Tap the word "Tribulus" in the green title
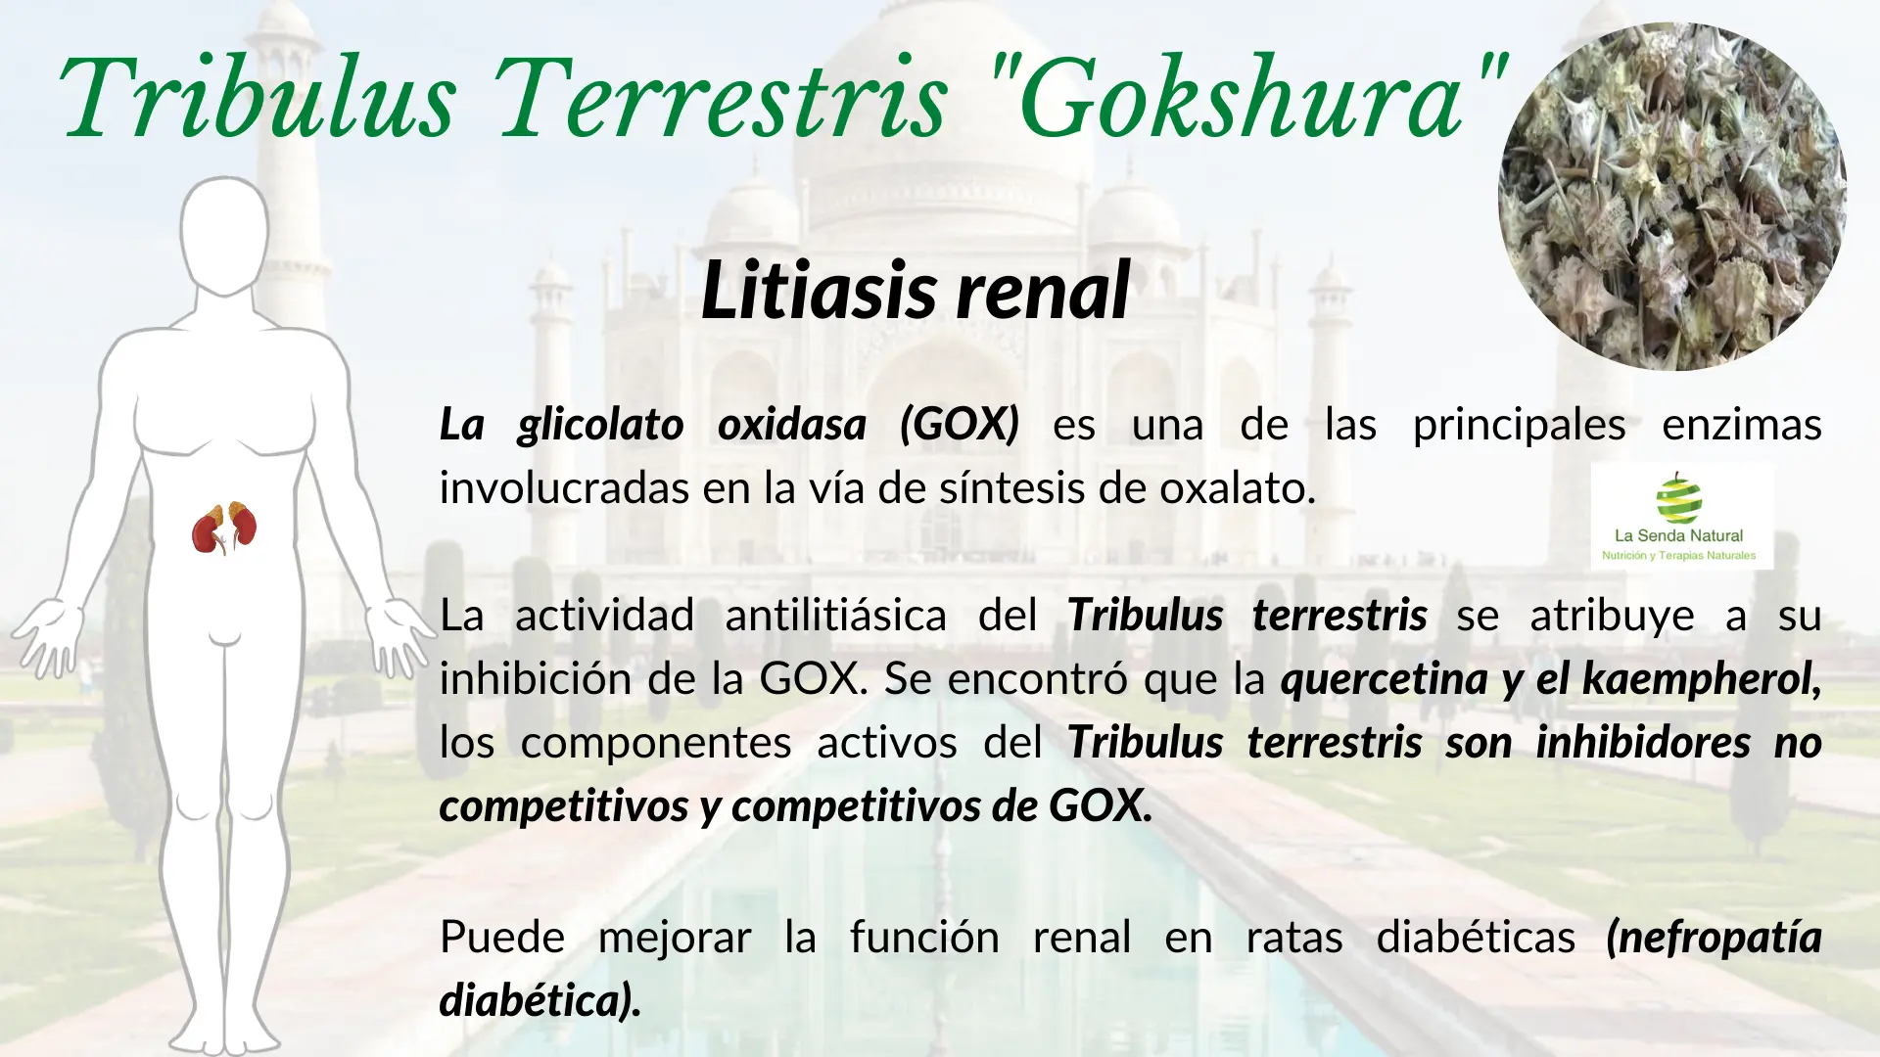point(258,98)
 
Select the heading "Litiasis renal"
point(916,291)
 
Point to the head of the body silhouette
point(224,235)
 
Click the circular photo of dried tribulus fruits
point(1672,197)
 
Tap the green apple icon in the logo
point(1678,498)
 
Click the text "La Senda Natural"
point(1678,535)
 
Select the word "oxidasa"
point(791,425)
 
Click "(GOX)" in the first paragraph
point(960,425)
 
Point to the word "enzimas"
point(1741,425)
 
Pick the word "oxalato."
point(1238,488)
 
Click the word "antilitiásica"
point(835,616)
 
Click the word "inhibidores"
point(1642,743)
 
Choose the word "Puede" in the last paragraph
point(502,937)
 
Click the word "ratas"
point(1293,937)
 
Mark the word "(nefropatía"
point(1714,937)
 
